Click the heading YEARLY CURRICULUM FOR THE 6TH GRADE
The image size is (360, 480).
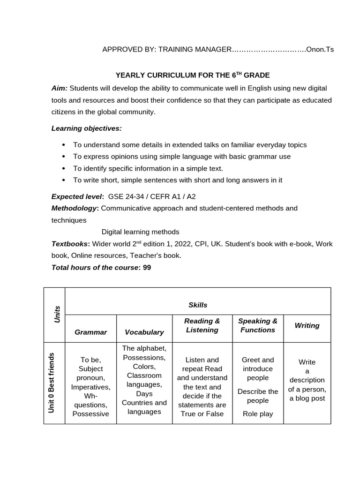click(193, 75)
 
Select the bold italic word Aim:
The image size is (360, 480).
click(60, 88)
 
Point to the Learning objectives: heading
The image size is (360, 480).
click(86, 128)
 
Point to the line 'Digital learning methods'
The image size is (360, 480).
click(140, 232)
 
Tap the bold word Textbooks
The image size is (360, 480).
click(70, 244)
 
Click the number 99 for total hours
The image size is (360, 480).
click(147, 268)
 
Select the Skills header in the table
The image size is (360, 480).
click(197, 305)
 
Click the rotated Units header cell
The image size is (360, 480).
click(54, 315)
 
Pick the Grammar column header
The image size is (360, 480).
click(90, 332)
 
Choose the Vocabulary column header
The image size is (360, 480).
click(144, 332)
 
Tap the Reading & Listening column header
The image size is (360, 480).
click(202, 325)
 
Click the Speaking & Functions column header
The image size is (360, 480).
click(257, 325)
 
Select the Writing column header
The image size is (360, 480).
click(307, 325)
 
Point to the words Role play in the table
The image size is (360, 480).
click(257, 414)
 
